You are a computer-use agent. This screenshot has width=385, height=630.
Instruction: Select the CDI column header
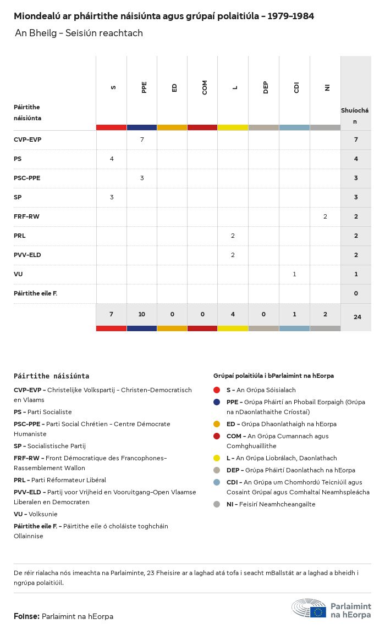pyautogui.click(x=296, y=87)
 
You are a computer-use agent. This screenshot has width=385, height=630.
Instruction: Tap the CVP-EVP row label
pyautogui.click(x=28, y=140)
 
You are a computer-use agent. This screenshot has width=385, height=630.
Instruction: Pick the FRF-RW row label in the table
pyautogui.click(x=26, y=216)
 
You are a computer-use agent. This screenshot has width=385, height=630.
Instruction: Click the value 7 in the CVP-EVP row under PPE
pyautogui.click(x=142, y=140)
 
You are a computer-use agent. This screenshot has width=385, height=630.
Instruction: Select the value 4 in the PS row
pyautogui.click(x=112, y=159)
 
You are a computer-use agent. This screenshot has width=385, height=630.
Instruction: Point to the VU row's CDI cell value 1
pyautogui.click(x=295, y=274)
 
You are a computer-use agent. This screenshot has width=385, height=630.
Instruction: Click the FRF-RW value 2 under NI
pyautogui.click(x=325, y=216)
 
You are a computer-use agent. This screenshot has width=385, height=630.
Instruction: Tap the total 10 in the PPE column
pyautogui.click(x=142, y=314)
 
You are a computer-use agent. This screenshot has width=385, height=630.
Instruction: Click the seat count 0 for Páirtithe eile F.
pyautogui.click(x=356, y=293)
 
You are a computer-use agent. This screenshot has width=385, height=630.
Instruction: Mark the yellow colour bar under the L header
pyautogui.click(x=233, y=127)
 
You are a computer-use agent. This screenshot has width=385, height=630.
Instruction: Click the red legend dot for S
pyautogui.click(x=217, y=390)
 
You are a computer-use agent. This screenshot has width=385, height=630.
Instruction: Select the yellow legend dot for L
pyautogui.click(x=217, y=458)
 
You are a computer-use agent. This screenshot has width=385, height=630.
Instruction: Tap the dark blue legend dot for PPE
pyautogui.click(x=217, y=402)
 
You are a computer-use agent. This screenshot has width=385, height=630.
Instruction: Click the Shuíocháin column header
pyautogui.click(x=355, y=115)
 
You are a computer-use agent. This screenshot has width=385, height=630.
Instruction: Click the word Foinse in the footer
pyautogui.click(x=26, y=616)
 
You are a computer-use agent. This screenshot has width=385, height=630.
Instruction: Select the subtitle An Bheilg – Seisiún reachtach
pyautogui.click(x=79, y=33)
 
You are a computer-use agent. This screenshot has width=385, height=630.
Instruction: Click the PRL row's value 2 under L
pyautogui.click(x=233, y=236)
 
